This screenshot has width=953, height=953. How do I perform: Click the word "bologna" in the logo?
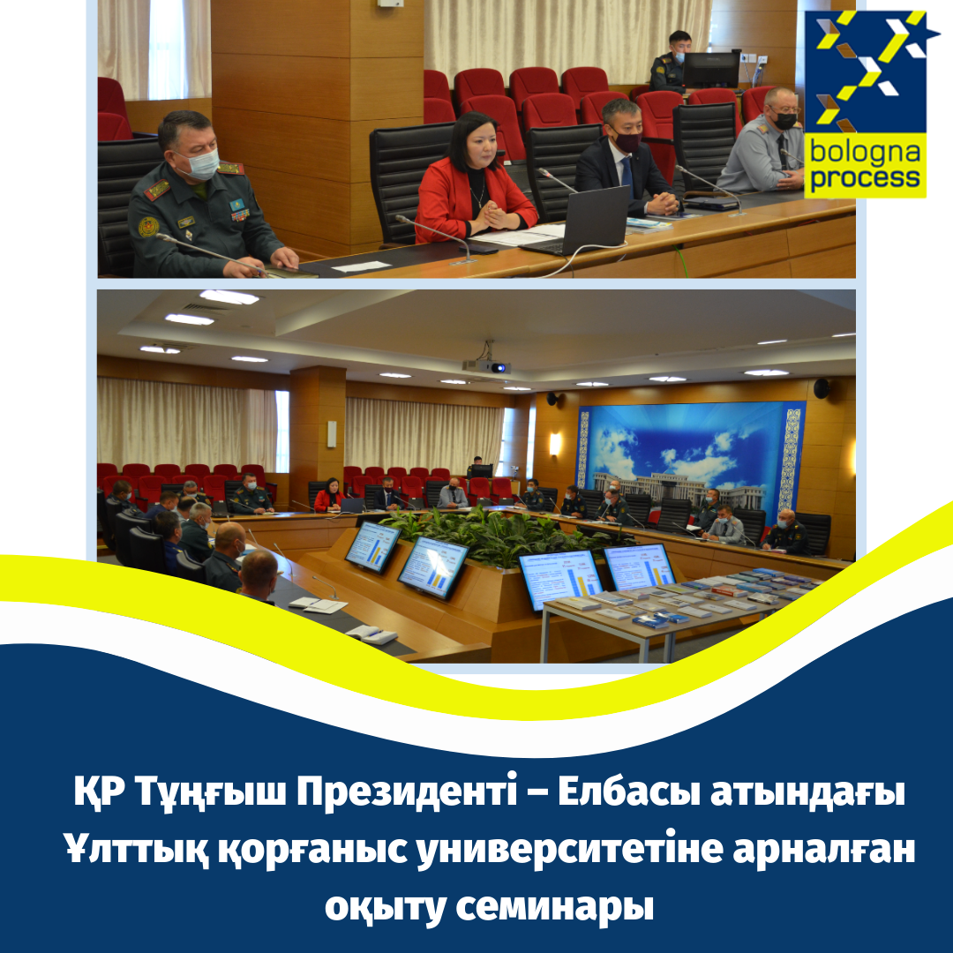[864, 152]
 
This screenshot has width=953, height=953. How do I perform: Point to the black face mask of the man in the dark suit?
[628, 141]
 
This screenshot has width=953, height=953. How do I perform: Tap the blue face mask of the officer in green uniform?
[202, 162]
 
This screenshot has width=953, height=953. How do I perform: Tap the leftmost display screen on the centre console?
[372, 544]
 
